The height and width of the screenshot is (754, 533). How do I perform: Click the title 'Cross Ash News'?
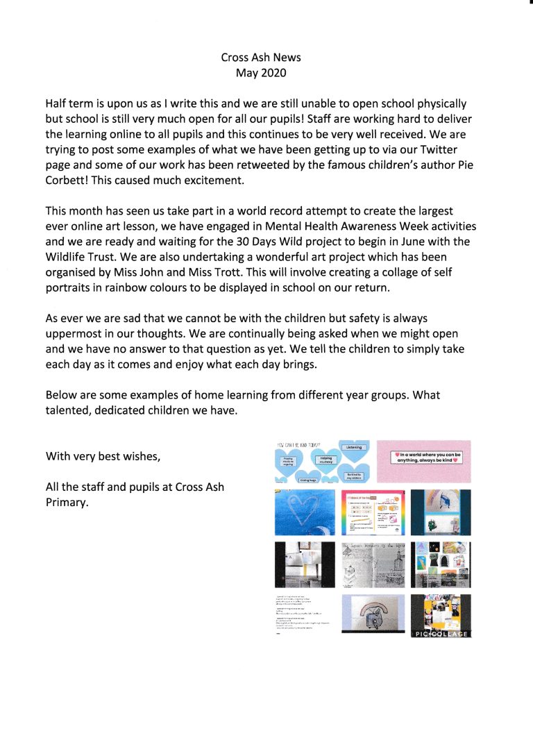260,58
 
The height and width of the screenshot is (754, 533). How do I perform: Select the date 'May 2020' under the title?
260,73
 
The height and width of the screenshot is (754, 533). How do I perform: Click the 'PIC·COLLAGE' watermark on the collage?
441,633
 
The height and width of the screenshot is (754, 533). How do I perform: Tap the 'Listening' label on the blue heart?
353,448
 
